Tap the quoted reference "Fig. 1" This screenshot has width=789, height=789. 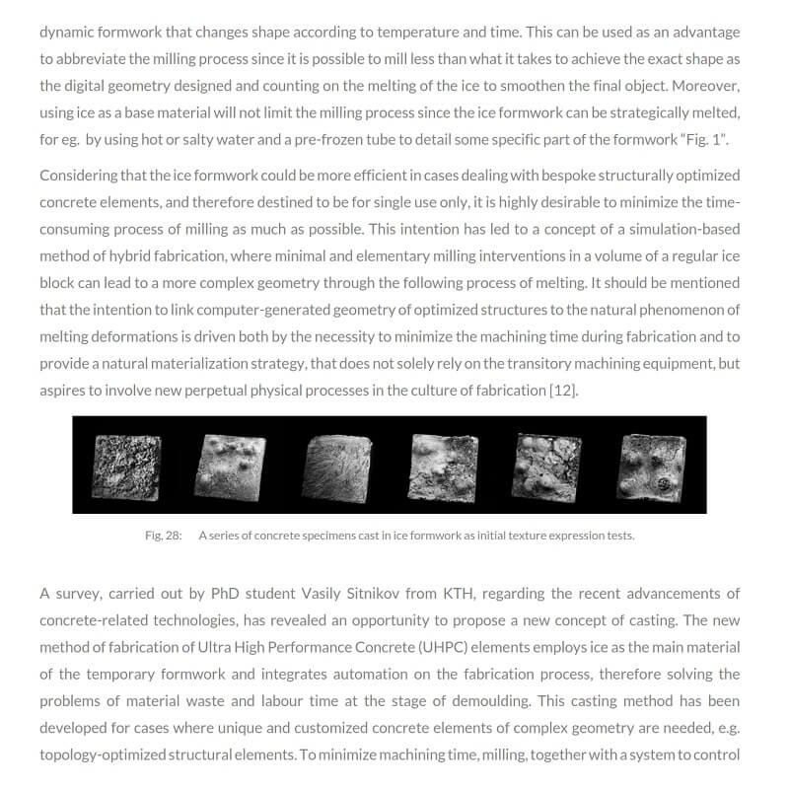(704, 139)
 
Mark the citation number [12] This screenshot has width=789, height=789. (563, 390)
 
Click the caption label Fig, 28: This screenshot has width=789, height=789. (164, 536)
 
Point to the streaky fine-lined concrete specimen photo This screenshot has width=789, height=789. (338, 464)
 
